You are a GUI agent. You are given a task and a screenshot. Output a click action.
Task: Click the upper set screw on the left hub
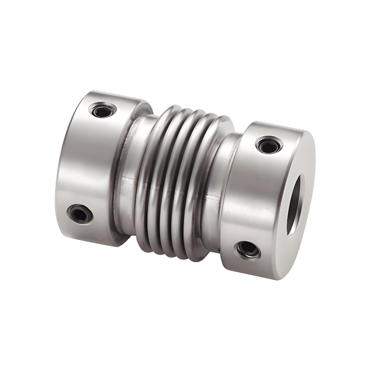(x=103, y=111)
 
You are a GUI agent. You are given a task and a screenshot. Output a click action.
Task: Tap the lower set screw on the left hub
(x=80, y=214)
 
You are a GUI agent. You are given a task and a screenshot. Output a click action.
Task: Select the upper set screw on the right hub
(x=269, y=146)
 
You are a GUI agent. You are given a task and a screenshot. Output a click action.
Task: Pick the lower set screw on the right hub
(x=248, y=249)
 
